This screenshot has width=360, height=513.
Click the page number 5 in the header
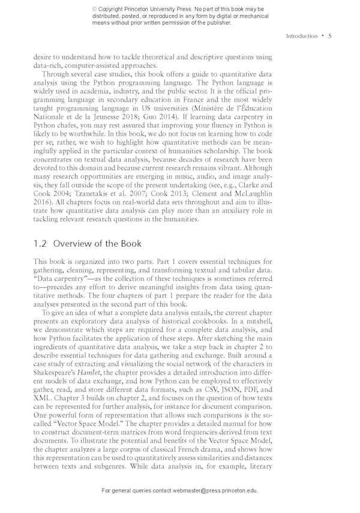click(330, 36)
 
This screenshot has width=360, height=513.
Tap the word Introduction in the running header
click(302, 36)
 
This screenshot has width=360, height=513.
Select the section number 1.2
click(41, 244)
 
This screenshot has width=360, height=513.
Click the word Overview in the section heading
click(74, 244)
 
